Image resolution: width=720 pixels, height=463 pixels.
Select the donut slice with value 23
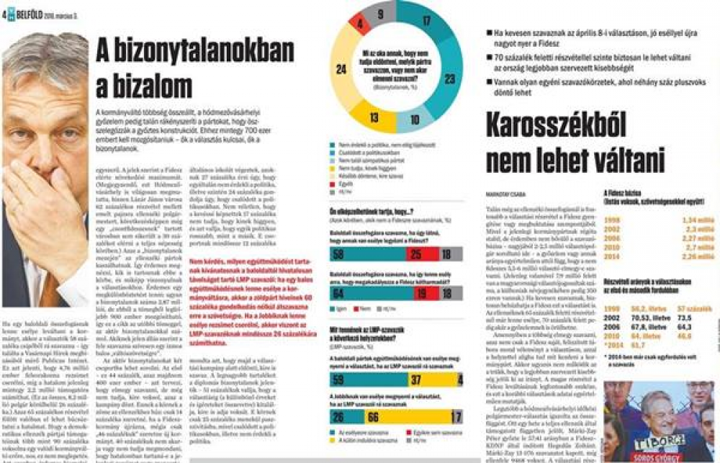pos(449,77)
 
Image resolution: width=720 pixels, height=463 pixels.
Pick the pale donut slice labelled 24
pos(341,69)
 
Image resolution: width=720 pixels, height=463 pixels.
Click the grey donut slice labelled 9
pos(379,13)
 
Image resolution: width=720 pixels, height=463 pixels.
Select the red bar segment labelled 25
pos(416,254)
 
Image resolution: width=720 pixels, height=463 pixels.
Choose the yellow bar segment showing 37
pos(415,379)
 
